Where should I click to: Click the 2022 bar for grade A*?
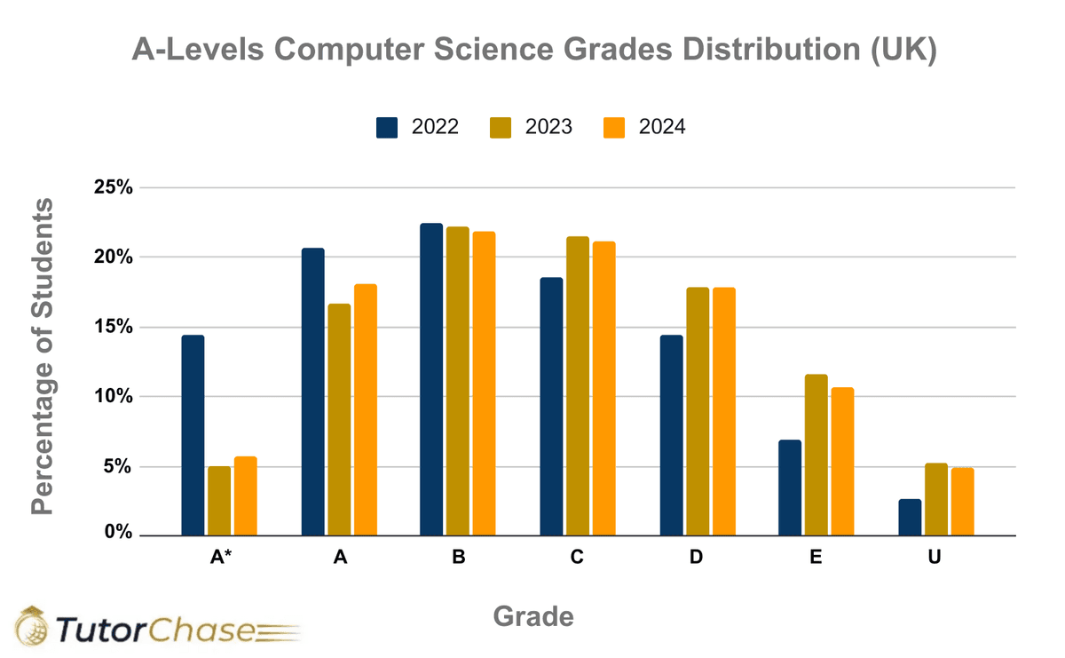coord(193,435)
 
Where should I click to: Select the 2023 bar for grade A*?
coord(219,501)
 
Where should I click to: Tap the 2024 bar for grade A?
coord(366,409)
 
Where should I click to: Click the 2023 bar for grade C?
coord(577,385)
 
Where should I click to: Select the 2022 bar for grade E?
coord(790,488)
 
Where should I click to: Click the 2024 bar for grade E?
coord(842,462)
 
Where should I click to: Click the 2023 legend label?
coord(548,127)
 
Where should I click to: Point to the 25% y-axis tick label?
coord(114,188)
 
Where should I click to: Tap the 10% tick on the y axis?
coord(114,396)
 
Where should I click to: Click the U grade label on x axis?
coord(935,558)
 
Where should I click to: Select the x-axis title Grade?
coord(532,615)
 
